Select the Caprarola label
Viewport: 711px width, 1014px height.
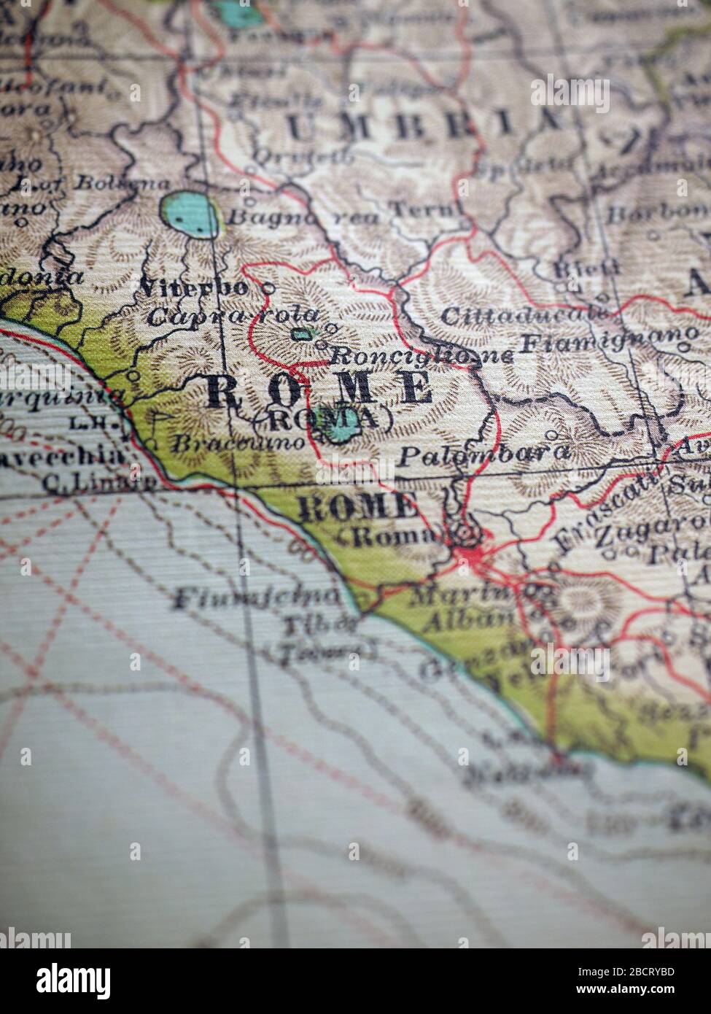233,317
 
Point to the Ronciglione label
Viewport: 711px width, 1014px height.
422,355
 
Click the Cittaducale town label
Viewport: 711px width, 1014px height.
524,316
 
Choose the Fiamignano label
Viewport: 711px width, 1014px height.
608,341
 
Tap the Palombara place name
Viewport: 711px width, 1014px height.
483,454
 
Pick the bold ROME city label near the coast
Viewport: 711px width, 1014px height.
357,506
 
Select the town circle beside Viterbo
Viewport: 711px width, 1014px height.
268,288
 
